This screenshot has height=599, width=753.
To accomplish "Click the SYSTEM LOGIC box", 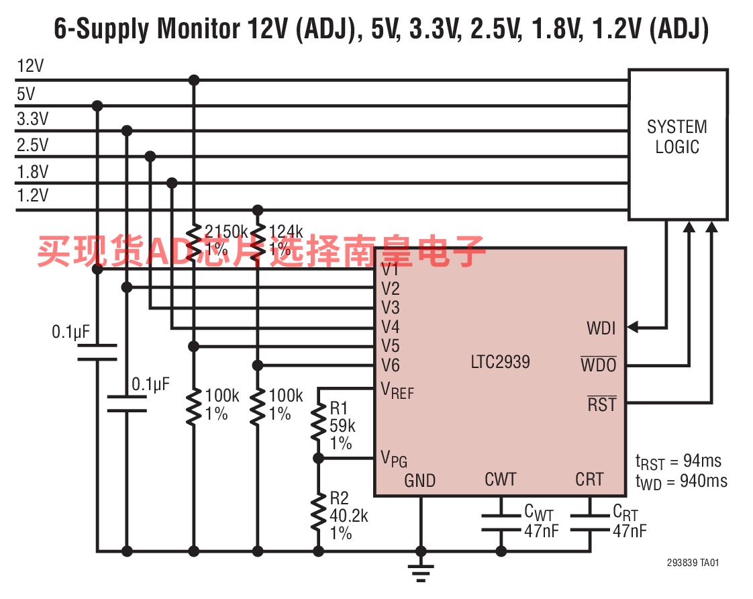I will coord(677,144).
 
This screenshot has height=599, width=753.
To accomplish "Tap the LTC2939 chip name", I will coord(500,362).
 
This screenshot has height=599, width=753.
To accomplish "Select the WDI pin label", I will coord(601,328).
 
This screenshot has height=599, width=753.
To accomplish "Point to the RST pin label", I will coord(601,404).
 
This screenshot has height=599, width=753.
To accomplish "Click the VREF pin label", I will coord(397,390).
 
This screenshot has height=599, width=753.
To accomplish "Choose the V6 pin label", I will coord(390,366).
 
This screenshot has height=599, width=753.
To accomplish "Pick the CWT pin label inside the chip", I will coord(500,479).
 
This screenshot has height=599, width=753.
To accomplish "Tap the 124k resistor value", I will coord(285,232).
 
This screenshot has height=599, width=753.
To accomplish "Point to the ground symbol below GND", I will coord(421,572).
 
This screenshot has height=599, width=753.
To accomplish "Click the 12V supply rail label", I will coord(31,66).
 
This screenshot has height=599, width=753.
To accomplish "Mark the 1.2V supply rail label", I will coord(33,195).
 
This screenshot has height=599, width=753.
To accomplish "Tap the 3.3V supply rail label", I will coord(33,119).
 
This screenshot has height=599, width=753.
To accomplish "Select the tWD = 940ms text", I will coord(681,481).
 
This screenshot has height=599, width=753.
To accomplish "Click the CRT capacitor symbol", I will coord(590,522).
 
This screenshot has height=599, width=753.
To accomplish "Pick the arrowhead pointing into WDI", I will coord(634,328).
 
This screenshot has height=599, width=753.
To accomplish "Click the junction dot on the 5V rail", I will coord(97,105).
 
